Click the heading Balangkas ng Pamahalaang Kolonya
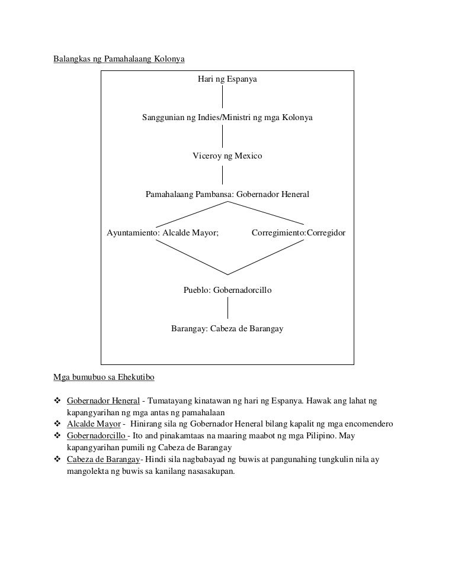[x=119, y=60]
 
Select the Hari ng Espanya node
[x=227, y=79]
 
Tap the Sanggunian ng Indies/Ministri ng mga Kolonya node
[x=227, y=118]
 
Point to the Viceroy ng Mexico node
[x=227, y=156]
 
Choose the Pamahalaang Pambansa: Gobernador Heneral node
[x=227, y=194]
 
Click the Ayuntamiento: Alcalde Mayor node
[x=162, y=233]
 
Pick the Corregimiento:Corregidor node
[x=299, y=233]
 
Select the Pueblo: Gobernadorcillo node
[x=227, y=290]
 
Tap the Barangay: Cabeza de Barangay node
[x=227, y=328]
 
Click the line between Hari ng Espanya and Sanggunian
[x=223, y=98]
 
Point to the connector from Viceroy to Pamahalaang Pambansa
[x=223, y=175]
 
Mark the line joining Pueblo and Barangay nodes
[x=229, y=309]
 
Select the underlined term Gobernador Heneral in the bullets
[x=104, y=401]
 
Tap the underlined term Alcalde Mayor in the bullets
[x=94, y=424]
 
